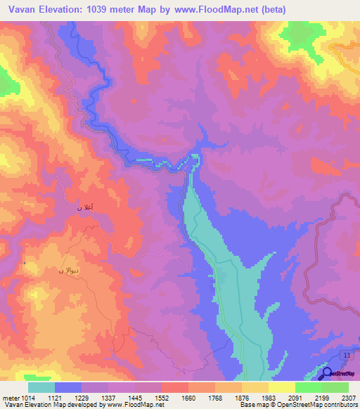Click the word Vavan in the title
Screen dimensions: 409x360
(20, 9)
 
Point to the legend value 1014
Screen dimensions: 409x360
(27, 398)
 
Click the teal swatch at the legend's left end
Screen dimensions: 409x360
(41, 387)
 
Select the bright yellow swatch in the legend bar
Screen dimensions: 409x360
(281, 387)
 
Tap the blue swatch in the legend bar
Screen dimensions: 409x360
(68, 387)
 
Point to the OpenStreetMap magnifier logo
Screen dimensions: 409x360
(327, 373)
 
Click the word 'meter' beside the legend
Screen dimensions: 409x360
(10, 398)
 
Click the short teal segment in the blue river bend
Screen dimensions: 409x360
(143, 160)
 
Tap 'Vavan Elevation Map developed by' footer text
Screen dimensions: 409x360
(51, 405)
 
